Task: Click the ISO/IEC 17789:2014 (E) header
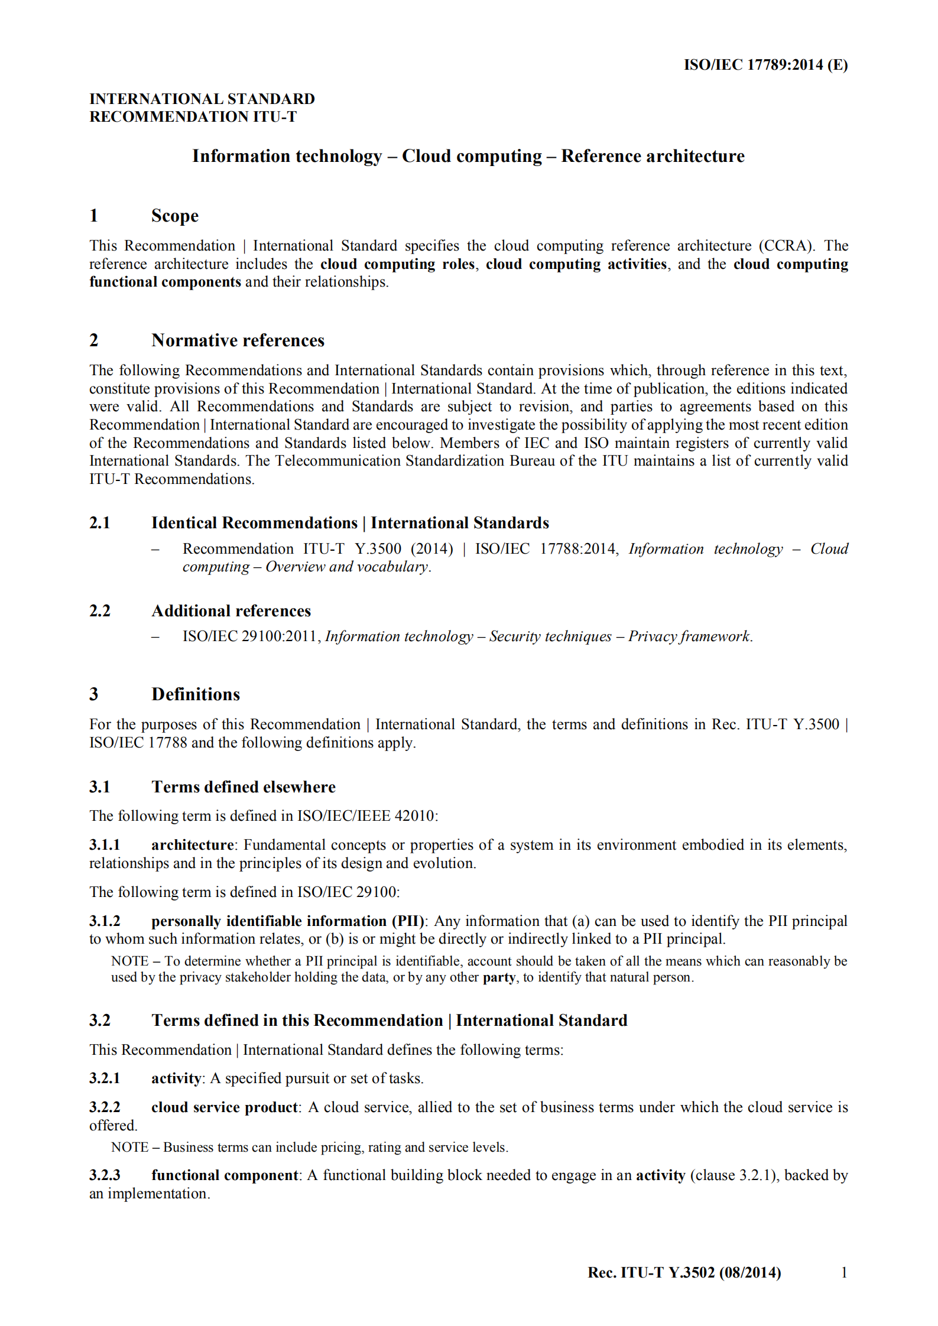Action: pyautogui.click(x=765, y=65)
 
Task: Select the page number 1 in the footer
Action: pyautogui.click(x=844, y=1272)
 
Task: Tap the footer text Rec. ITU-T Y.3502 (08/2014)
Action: pyautogui.click(x=684, y=1273)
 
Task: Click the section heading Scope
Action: pyautogui.click(x=174, y=216)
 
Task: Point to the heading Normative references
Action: pyautogui.click(x=238, y=340)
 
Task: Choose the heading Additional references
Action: pyautogui.click(x=231, y=611)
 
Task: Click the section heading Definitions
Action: pyautogui.click(x=196, y=694)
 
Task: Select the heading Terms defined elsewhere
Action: pyautogui.click(x=243, y=787)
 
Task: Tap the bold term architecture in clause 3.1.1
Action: pyautogui.click(x=192, y=845)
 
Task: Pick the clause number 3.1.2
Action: pyautogui.click(x=105, y=921)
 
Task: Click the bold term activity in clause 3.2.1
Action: pyautogui.click(x=176, y=1078)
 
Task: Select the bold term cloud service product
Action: pyautogui.click(x=225, y=1107)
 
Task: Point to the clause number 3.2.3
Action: pyautogui.click(x=105, y=1175)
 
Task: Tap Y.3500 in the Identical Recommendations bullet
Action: pyautogui.click(x=377, y=549)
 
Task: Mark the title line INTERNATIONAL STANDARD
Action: pyautogui.click(x=202, y=99)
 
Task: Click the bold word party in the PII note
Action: pyautogui.click(x=499, y=977)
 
